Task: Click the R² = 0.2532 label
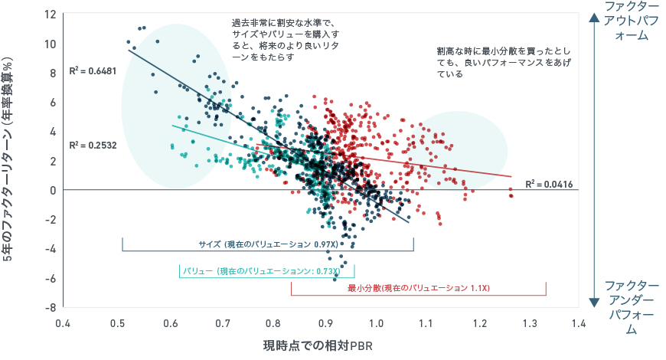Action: click(x=92, y=145)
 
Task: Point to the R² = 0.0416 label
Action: click(x=549, y=184)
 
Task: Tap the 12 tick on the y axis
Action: click(x=51, y=15)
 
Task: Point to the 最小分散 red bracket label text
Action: click(x=418, y=288)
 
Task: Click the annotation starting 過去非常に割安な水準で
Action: click(x=284, y=41)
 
